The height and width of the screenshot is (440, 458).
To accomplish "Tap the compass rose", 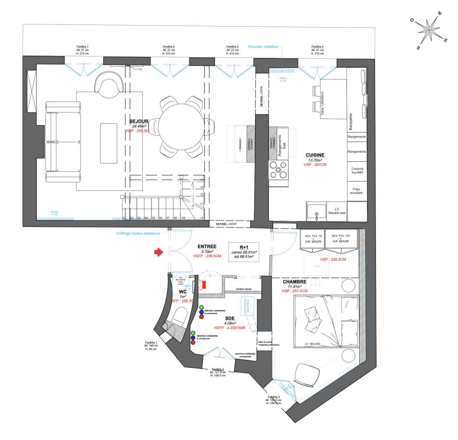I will point(429,31).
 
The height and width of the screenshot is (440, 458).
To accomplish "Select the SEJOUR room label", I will point(139,121).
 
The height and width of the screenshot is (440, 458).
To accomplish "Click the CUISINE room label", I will point(315,155).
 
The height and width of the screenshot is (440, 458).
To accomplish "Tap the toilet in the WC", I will point(180,316).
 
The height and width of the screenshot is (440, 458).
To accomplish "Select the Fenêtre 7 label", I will point(82,46).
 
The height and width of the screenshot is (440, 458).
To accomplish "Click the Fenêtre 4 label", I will point(317,46).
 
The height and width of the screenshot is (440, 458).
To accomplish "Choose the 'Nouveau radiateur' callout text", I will point(263,47).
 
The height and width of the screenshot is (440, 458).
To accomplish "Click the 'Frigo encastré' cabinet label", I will point(356,191).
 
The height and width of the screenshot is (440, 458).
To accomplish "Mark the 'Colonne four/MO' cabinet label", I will point(357,171).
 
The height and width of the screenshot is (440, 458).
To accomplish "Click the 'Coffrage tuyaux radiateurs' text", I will point(141,233).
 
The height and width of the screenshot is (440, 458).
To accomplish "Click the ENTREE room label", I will point(207,246).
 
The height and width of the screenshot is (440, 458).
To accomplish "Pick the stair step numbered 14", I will point(202,180).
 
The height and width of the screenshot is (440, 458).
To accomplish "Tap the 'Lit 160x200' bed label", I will point(312,343).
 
